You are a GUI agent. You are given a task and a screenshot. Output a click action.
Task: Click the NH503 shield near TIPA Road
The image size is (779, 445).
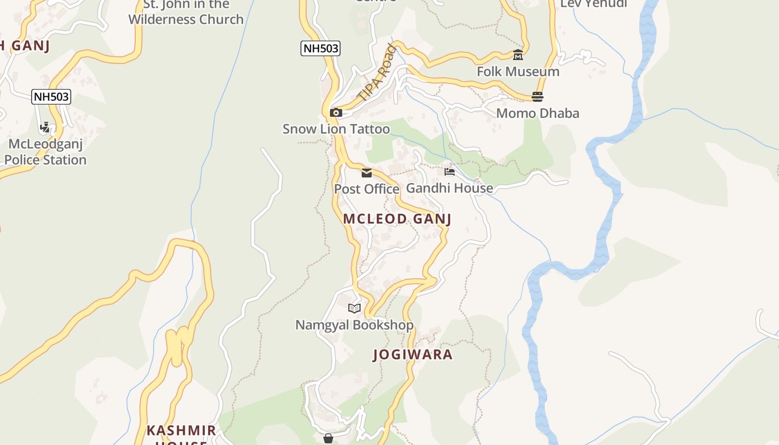coord(321,48)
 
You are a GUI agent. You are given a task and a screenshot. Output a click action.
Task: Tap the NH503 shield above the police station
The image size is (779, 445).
coord(51,97)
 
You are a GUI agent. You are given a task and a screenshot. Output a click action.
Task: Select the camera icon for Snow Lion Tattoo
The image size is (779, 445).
coord(336,113)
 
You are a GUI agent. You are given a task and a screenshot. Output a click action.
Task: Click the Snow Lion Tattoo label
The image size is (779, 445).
coord(336,129)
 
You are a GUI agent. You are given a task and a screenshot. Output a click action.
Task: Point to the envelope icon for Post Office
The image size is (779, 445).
coord(367,173)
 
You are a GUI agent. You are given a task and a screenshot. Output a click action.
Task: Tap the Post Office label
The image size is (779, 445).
coord(367,189)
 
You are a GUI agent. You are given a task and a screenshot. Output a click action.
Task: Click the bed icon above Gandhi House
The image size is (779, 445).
coord(450,172)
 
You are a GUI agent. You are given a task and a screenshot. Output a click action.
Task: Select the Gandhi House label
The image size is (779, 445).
coord(450,188)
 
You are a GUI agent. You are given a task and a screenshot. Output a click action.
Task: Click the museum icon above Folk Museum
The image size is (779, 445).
coord(518,55)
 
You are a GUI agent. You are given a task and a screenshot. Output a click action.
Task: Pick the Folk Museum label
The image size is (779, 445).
coord(518,72)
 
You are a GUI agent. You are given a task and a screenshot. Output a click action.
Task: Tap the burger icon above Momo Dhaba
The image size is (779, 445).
coord(538,97)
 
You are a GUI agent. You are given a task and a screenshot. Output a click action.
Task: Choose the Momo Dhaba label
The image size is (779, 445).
coord(538,113)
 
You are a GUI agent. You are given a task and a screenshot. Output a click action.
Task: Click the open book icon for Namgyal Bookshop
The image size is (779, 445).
coord(354,308)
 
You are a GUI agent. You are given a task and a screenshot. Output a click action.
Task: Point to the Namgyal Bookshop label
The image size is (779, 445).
coord(354,325)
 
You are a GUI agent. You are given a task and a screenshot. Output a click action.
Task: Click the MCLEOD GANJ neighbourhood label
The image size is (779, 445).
coord(397,219)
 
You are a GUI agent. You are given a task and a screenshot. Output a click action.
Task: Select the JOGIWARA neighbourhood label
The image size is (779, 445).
coord(412,354)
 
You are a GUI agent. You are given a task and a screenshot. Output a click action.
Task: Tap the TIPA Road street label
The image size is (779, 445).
coord(377,73)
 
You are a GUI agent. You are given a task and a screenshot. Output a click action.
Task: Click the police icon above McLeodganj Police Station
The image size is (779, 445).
coord(45,127)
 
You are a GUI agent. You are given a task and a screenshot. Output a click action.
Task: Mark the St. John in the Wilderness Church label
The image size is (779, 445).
coord(186,12)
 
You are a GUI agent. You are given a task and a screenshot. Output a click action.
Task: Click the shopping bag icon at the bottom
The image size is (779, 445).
coord(328,438)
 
